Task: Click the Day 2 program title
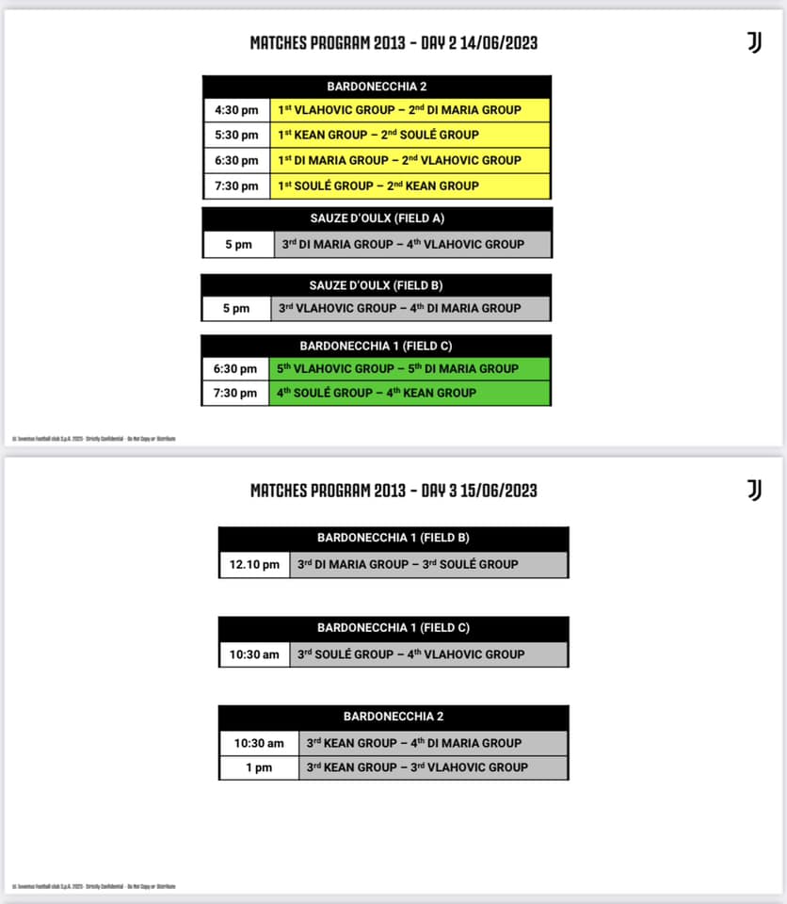(x=393, y=42)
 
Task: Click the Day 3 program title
(x=393, y=490)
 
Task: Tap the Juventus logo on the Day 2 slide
(x=754, y=42)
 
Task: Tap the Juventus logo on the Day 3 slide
(x=754, y=490)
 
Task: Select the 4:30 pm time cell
(x=236, y=110)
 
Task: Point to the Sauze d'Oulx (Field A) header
(x=377, y=218)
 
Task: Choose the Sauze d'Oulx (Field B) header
(x=377, y=285)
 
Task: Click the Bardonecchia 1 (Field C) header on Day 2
(x=377, y=346)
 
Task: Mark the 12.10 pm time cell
(x=254, y=565)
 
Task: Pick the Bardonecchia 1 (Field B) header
(x=393, y=539)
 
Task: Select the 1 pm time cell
(x=259, y=767)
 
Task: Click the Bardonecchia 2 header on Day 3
(x=393, y=717)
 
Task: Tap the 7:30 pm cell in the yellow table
(x=236, y=186)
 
